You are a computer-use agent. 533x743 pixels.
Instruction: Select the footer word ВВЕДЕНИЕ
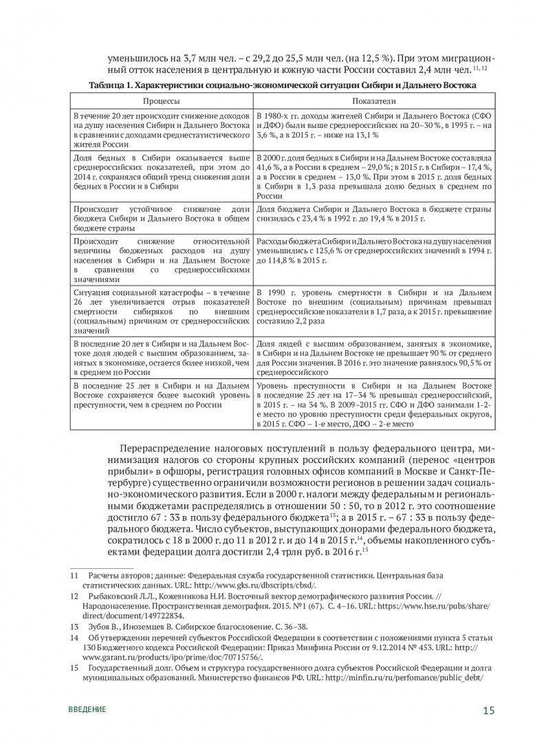pyautogui.click(x=87, y=709)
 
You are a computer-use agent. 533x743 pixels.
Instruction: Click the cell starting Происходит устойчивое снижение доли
pyautogui.click(x=162, y=217)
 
